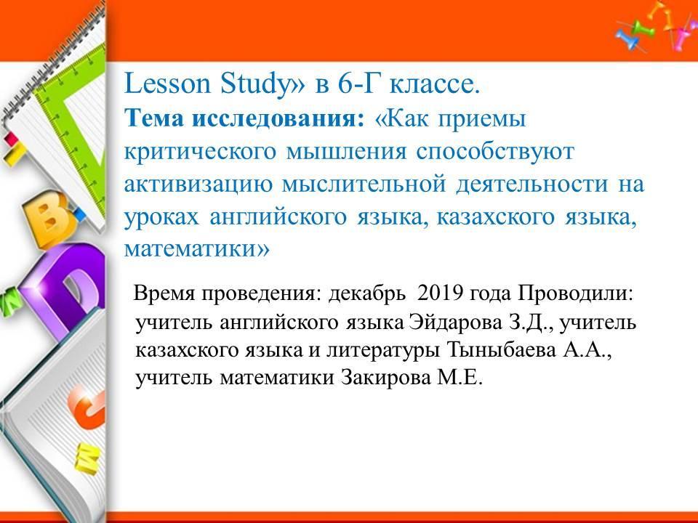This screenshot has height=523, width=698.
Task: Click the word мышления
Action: pyautogui.click(x=346, y=152)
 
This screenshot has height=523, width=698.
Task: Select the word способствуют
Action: pyautogui.click(x=495, y=152)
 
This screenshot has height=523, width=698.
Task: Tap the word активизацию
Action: pyautogui.click(x=198, y=185)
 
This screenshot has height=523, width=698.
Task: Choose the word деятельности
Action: pyautogui.click(x=531, y=185)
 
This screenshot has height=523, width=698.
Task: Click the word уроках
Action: pyautogui.click(x=161, y=217)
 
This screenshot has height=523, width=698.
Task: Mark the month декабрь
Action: pyautogui.click(x=367, y=293)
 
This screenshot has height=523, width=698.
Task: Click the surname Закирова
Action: pyautogui.click(x=386, y=378)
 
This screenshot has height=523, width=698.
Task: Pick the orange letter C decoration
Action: pyautogui.click(x=87, y=407)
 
